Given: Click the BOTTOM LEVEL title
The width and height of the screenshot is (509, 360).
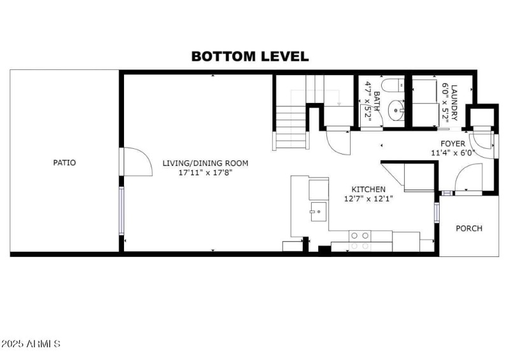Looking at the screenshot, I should pos(250,56).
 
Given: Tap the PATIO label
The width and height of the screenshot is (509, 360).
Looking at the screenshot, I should pos(64,163).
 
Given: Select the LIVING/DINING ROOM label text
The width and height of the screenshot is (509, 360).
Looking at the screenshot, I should pos(205,163).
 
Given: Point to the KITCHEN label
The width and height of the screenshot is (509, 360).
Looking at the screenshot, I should pos(369,190).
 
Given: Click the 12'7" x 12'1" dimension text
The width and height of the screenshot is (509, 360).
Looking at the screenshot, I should pos(369,198).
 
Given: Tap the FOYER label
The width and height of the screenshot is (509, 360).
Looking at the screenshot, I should pos(453,144).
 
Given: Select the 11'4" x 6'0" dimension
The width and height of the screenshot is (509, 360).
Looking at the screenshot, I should pos(453,153).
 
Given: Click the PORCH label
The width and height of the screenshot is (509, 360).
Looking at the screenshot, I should pos(470,228).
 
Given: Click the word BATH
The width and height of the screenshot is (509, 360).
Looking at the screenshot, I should pos(377,102).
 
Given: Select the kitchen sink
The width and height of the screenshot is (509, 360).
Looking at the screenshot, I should pos(316,211).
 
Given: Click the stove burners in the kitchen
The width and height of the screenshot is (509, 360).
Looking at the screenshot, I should pos(359,240).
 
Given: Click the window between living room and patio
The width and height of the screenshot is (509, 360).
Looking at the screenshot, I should pos(121,211).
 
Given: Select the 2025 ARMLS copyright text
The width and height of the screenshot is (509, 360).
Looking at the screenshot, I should pos(31,344).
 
